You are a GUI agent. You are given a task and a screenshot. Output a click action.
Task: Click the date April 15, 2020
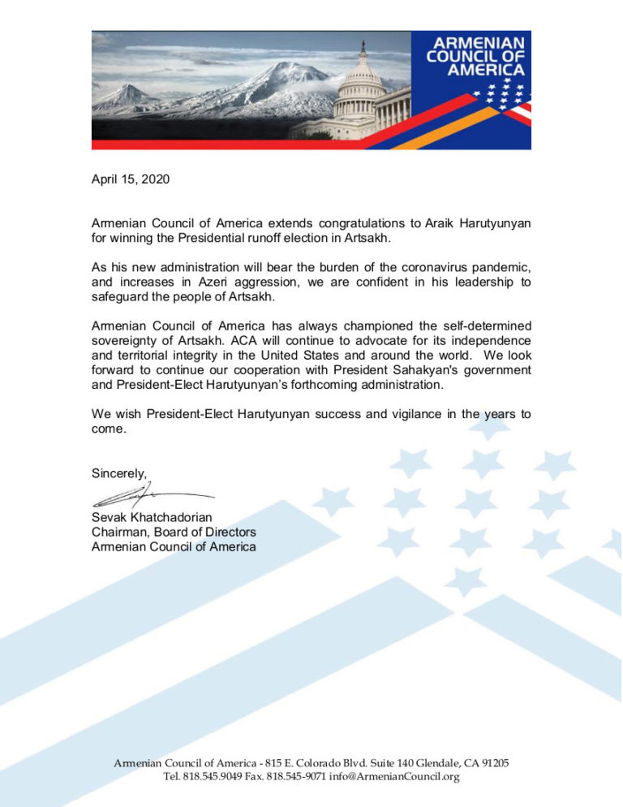131,179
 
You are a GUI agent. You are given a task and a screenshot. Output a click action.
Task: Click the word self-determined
483,326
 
